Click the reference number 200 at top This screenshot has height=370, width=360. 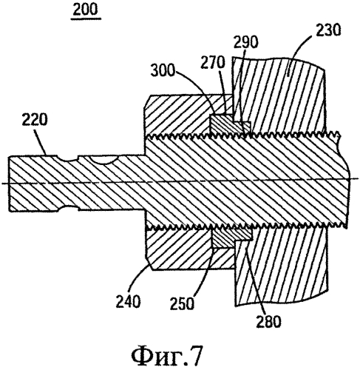click(x=86, y=10)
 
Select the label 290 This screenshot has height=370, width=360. click(x=245, y=42)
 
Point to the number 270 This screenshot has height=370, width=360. click(x=213, y=62)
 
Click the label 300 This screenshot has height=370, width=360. click(x=163, y=71)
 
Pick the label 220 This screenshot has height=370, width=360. click(x=34, y=120)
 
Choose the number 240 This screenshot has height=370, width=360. click(x=128, y=301)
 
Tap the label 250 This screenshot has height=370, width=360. click(x=182, y=303)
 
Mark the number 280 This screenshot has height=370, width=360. click(x=268, y=321)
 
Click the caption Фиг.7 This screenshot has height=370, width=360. click(x=167, y=354)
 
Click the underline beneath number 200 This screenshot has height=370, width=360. click(x=86, y=18)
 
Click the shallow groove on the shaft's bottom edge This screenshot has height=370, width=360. click(x=68, y=209)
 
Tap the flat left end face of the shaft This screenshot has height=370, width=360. click(x=9, y=184)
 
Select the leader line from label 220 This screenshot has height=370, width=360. click(x=41, y=143)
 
